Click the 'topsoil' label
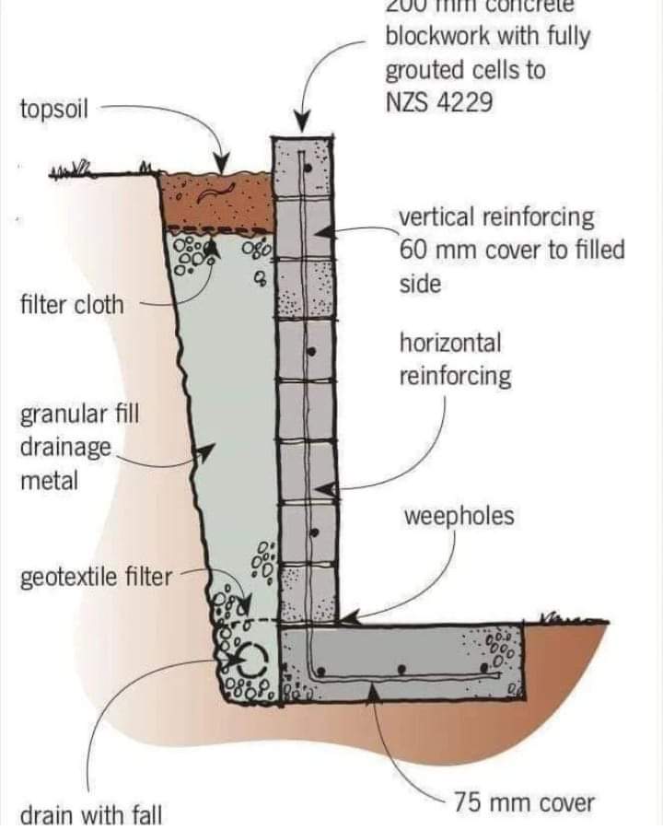pos(53,110)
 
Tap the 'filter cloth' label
pos(71,305)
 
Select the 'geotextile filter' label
pos(96,578)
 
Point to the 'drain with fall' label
pos(91,814)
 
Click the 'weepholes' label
pos(459,517)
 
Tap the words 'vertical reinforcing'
pos(496,218)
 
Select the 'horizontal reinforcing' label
pos(454,359)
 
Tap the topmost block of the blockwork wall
pos(303,168)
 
